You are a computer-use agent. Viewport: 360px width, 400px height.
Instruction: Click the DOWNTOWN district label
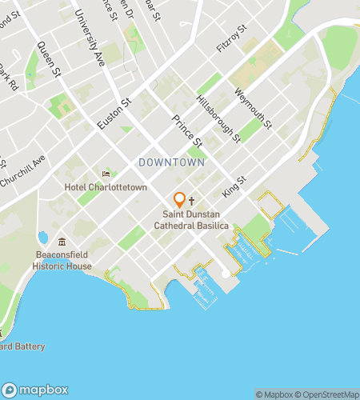pos(172,162)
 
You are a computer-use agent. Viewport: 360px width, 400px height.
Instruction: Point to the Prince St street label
pos(186,131)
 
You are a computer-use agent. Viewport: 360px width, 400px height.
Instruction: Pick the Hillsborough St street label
pos(218,117)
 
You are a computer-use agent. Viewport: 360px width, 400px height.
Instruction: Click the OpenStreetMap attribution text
pos(328,394)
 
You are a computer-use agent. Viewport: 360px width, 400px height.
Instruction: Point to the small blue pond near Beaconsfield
pos(42,237)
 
